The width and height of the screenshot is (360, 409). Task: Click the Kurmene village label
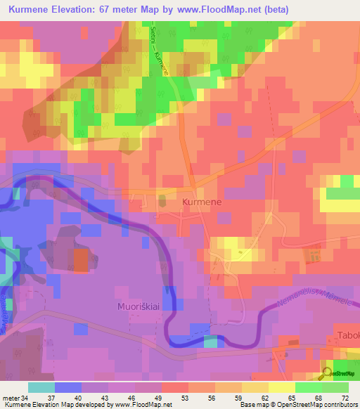click(x=202, y=202)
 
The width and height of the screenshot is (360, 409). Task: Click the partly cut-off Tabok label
click(x=348, y=335)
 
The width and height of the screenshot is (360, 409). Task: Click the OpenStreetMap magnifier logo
click(x=328, y=373)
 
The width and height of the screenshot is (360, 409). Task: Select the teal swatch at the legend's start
click(x=41, y=387)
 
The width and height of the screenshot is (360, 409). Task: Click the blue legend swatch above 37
click(x=68, y=387)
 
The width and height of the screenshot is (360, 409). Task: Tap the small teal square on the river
click(x=211, y=342)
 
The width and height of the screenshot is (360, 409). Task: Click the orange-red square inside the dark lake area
click(x=82, y=261)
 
